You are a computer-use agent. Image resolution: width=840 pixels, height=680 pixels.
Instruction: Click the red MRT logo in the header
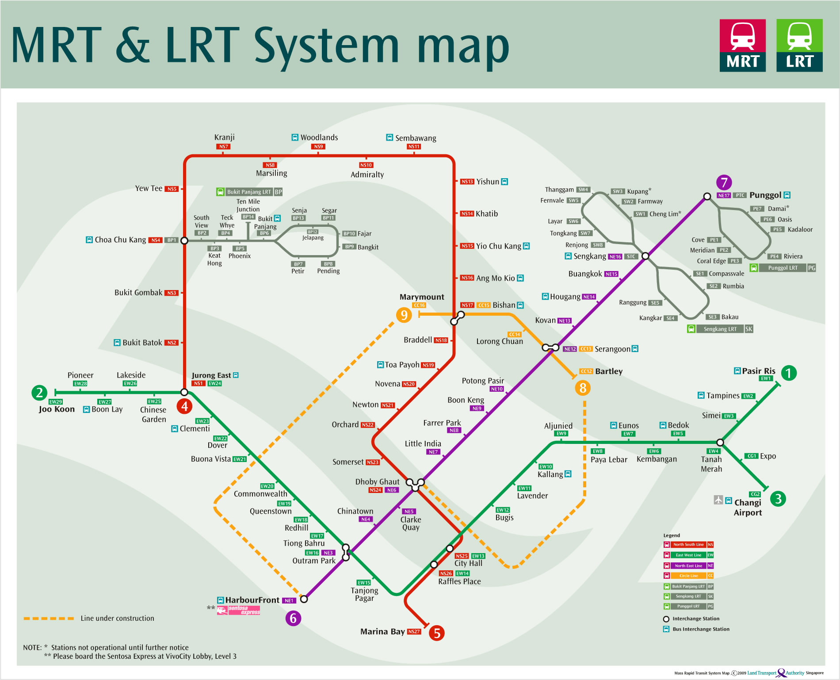point(742,45)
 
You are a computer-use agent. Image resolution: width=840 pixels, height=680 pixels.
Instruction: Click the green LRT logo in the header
point(799,45)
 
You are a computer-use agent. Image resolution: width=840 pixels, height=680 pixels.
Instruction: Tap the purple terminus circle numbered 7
point(724,182)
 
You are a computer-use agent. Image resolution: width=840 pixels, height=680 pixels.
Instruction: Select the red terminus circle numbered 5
point(436,633)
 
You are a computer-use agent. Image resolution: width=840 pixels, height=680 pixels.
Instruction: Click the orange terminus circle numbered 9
point(404,315)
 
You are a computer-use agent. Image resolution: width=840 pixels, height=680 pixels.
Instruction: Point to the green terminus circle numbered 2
point(39,393)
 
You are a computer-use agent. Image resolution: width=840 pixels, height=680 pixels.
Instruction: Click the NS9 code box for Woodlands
point(318,146)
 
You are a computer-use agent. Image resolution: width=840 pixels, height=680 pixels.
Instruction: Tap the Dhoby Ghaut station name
point(377,481)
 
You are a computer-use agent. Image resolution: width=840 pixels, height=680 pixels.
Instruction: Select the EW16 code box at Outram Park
point(312,553)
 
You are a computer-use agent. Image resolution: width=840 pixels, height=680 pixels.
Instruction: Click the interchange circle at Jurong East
point(184,392)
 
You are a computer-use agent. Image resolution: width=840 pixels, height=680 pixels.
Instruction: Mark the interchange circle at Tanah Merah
point(720,442)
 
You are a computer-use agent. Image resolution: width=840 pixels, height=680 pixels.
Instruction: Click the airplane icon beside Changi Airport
point(718,500)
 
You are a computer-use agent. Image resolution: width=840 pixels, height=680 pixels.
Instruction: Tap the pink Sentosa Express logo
point(238,610)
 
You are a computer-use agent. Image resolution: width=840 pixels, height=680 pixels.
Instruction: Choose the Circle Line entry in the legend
point(688,576)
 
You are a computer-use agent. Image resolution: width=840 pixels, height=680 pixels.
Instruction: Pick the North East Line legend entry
point(688,565)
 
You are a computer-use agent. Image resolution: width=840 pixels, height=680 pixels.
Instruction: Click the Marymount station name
point(422,297)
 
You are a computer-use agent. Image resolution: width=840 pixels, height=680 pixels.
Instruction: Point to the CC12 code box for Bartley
point(586,371)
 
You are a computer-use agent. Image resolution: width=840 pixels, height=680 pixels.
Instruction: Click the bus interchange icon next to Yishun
point(504,182)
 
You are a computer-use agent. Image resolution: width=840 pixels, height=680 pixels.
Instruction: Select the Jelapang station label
point(313,237)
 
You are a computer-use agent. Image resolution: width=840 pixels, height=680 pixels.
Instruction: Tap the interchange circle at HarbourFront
point(304,599)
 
